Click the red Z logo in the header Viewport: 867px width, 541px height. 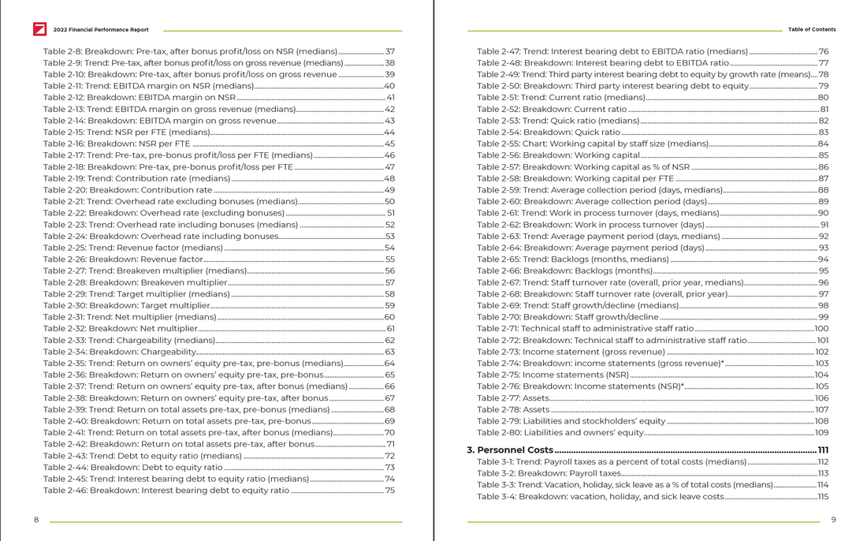[x=39, y=30]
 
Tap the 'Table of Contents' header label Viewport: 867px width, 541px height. [x=812, y=30]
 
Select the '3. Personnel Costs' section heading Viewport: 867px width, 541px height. [x=509, y=450]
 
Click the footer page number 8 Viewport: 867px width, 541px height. [x=36, y=520]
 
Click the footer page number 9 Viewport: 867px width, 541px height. [x=833, y=520]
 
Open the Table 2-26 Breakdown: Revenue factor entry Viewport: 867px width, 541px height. [x=124, y=259]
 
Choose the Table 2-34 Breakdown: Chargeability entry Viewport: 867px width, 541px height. [x=120, y=352]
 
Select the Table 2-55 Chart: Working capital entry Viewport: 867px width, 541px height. [x=593, y=144]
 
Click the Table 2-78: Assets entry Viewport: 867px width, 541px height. [x=513, y=410]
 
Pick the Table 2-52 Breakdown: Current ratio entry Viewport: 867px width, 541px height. [x=552, y=110]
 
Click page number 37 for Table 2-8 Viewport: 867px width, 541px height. [x=389, y=52]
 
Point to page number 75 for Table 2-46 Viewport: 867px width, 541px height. [x=389, y=491]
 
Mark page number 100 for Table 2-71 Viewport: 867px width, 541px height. [x=820, y=329]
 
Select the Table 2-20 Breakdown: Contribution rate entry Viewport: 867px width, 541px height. [x=128, y=190]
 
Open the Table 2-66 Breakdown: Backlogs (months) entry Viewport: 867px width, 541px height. [x=564, y=271]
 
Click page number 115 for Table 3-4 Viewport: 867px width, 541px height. [x=822, y=497]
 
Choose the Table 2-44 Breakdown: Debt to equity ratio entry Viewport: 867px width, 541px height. [x=133, y=468]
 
